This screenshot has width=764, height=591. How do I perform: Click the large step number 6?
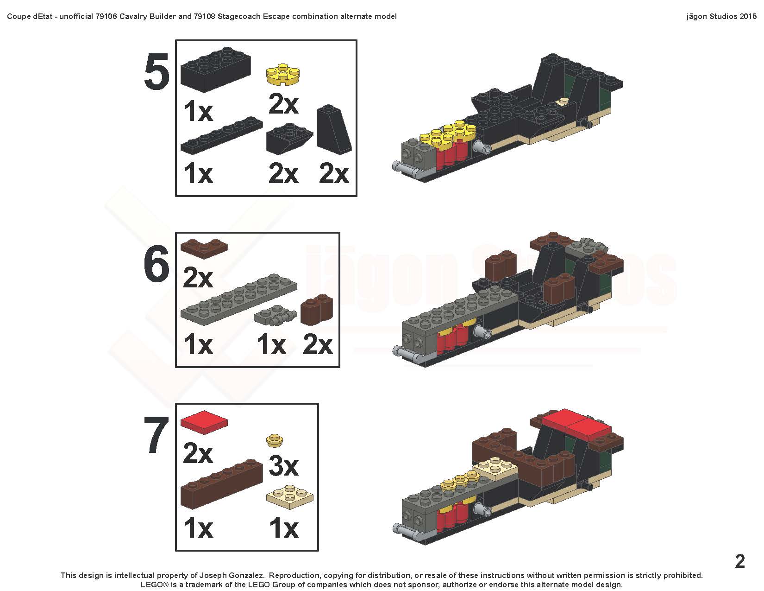click(157, 264)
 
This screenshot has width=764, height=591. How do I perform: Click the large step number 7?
click(157, 435)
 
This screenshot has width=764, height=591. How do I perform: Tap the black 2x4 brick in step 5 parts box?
click(215, 69)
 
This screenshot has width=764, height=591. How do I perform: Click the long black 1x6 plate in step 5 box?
click(221, 135)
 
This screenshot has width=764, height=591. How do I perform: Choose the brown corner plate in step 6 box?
click(204, 248)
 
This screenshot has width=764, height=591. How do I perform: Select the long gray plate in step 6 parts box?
click(239, 299)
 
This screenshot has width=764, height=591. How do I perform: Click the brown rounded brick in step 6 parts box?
click(316, 310)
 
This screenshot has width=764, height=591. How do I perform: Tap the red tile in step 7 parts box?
click(204, 422)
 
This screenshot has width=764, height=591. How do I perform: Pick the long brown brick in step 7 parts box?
click(221, 484)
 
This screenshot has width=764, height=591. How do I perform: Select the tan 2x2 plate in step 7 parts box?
click(290, 496)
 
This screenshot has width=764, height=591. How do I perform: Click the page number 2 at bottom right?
click(740, 561)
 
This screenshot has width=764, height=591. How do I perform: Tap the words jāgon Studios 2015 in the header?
click(721, 16)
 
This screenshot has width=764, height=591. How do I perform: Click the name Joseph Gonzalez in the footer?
click(232, 575)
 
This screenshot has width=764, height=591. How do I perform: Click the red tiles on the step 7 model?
click(576, 423)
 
